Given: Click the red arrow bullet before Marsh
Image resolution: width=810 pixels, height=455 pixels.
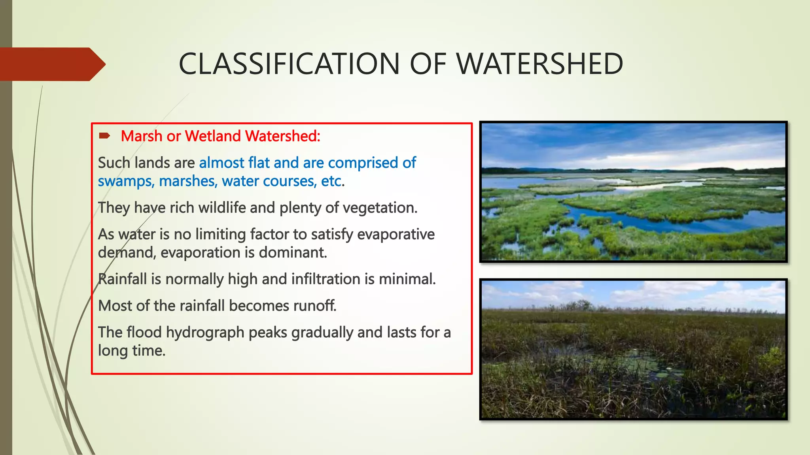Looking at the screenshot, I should coord(104,136).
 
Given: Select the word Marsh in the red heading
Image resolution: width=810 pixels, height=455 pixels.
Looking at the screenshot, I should coord(142,136).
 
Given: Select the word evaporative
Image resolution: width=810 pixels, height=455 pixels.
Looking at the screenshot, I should coord(396,234).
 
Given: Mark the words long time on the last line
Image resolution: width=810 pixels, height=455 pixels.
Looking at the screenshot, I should coord(131,351).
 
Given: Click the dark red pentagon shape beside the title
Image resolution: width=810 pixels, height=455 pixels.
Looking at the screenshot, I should coord(51,64).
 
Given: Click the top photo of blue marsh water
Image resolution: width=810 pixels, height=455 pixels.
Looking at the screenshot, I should coord(633,192).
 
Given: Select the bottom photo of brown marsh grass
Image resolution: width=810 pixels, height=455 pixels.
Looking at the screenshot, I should coord(633,349).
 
